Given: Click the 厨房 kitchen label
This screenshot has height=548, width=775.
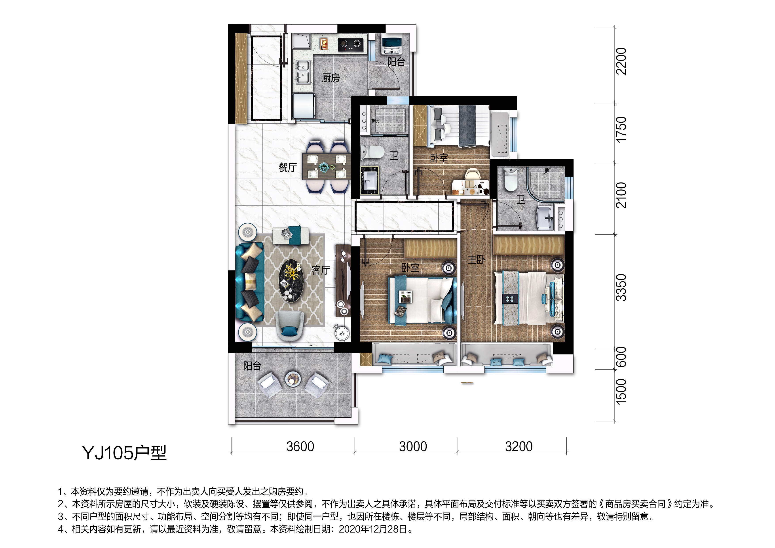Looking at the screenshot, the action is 331,78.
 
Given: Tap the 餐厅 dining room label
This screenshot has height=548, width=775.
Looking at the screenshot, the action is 288,167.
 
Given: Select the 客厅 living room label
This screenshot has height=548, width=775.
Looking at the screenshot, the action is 321,270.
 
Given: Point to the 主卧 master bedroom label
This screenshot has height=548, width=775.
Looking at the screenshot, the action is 476,259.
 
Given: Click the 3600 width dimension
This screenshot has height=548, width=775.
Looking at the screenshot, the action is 300,446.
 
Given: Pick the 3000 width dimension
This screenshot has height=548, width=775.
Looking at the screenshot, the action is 413,446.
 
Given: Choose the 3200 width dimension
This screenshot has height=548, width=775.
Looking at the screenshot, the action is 519,446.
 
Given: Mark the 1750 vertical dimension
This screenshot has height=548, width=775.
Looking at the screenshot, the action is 621,130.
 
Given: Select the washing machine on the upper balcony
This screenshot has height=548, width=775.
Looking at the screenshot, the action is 391,46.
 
